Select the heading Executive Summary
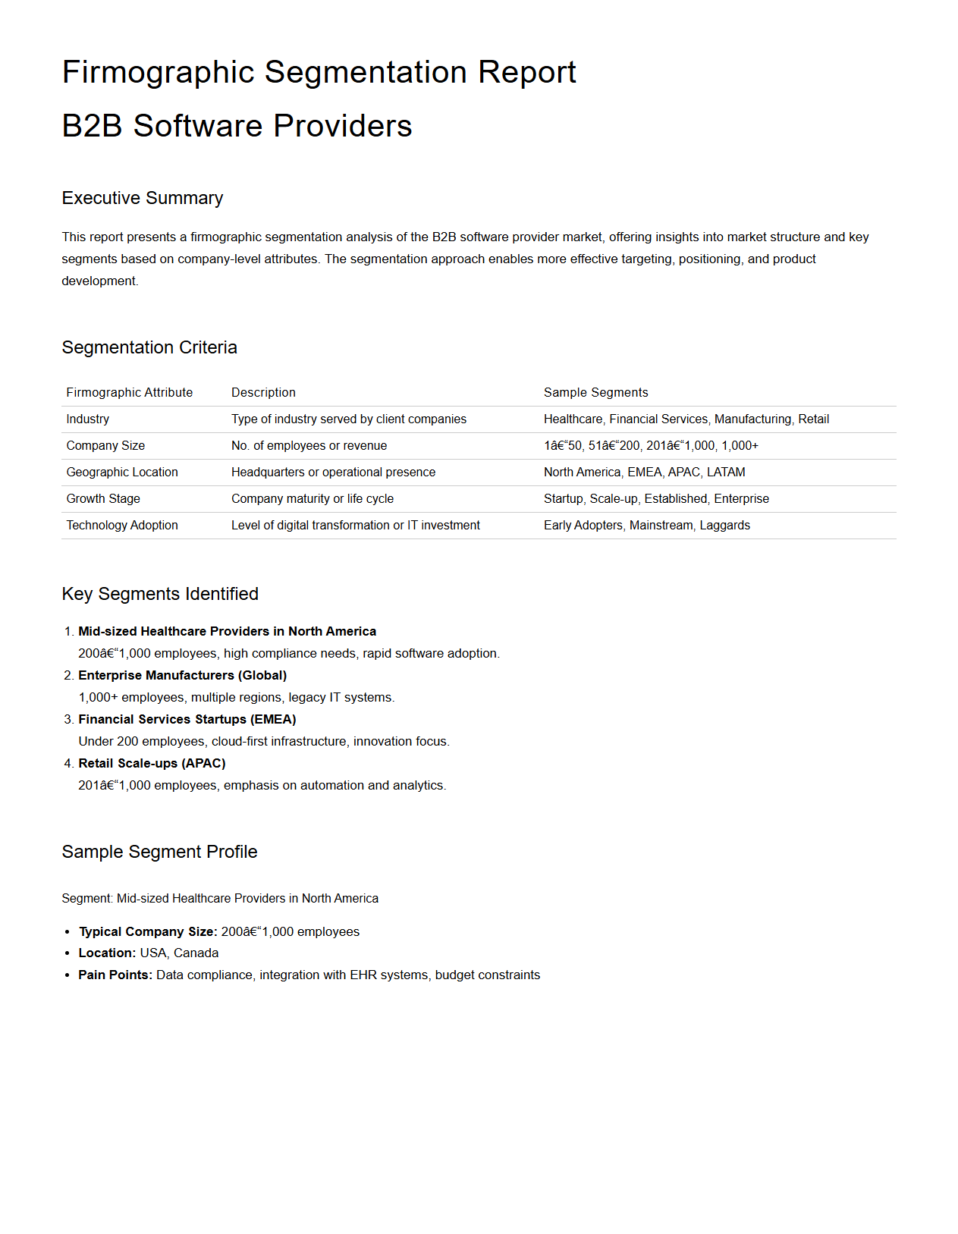pos(142,198)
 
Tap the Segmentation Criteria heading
pos(149,347)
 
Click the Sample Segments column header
pos(595,393)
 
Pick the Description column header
pos(263,393)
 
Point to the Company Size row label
pos(105,446)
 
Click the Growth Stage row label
pos(103,499)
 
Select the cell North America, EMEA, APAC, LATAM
pos(644,473)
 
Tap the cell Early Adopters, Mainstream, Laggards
pos(646,526)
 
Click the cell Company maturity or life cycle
pos(313,499)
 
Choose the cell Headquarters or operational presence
pos(333,473)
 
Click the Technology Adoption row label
pos(122,526)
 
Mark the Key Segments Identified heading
pos(160,594)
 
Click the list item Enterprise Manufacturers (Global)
pos(182,676)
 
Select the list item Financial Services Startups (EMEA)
pos(187,720)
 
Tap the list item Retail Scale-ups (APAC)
pos(152,764)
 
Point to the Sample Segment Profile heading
pos(159,852)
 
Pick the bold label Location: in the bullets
pos(107,953)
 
